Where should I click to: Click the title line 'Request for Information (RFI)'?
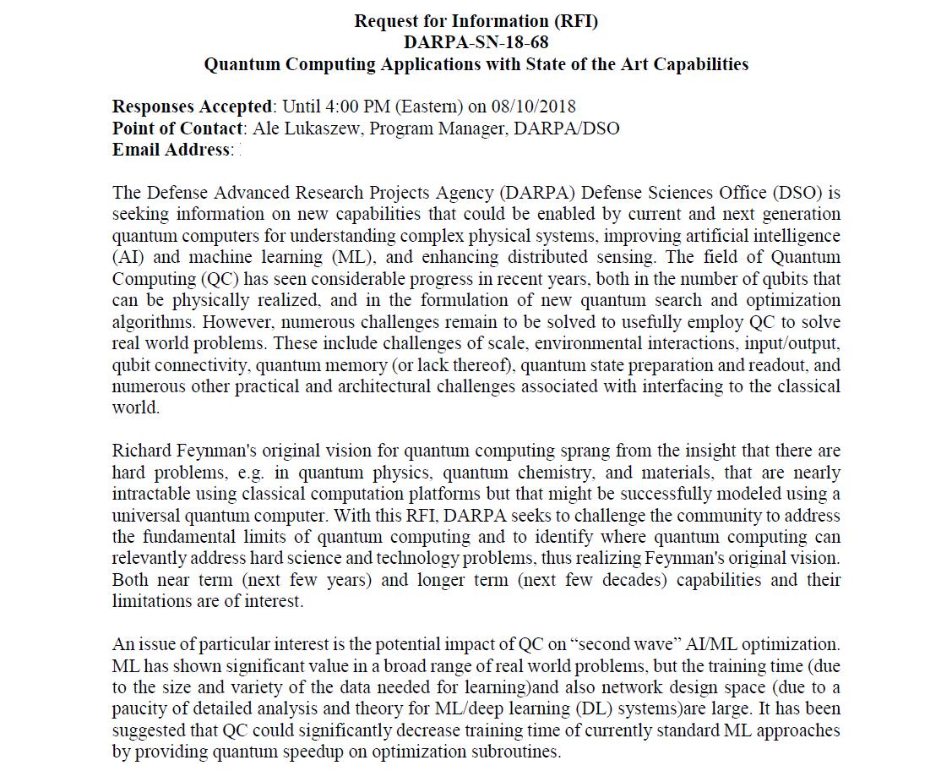[x=476, y=21]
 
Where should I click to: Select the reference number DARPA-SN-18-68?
[x=476, y=42]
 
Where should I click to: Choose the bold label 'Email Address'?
[x=171, y=150]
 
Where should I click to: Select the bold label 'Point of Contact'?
[x=177, y=129]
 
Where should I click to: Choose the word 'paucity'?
[x=139, y=708]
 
